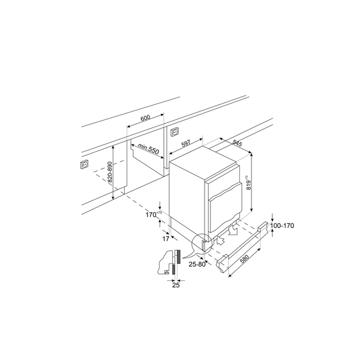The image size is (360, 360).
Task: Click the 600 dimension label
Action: point(145,118)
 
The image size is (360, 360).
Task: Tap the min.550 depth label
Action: point(148,149)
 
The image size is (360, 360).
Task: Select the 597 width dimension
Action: point(186,143)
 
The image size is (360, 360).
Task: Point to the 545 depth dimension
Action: point(237,143)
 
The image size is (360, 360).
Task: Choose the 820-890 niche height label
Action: point(110,172)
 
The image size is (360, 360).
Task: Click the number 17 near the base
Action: point(166,239)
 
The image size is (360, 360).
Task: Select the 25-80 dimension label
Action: point(197,264)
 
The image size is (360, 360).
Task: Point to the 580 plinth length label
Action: point(244,259)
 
